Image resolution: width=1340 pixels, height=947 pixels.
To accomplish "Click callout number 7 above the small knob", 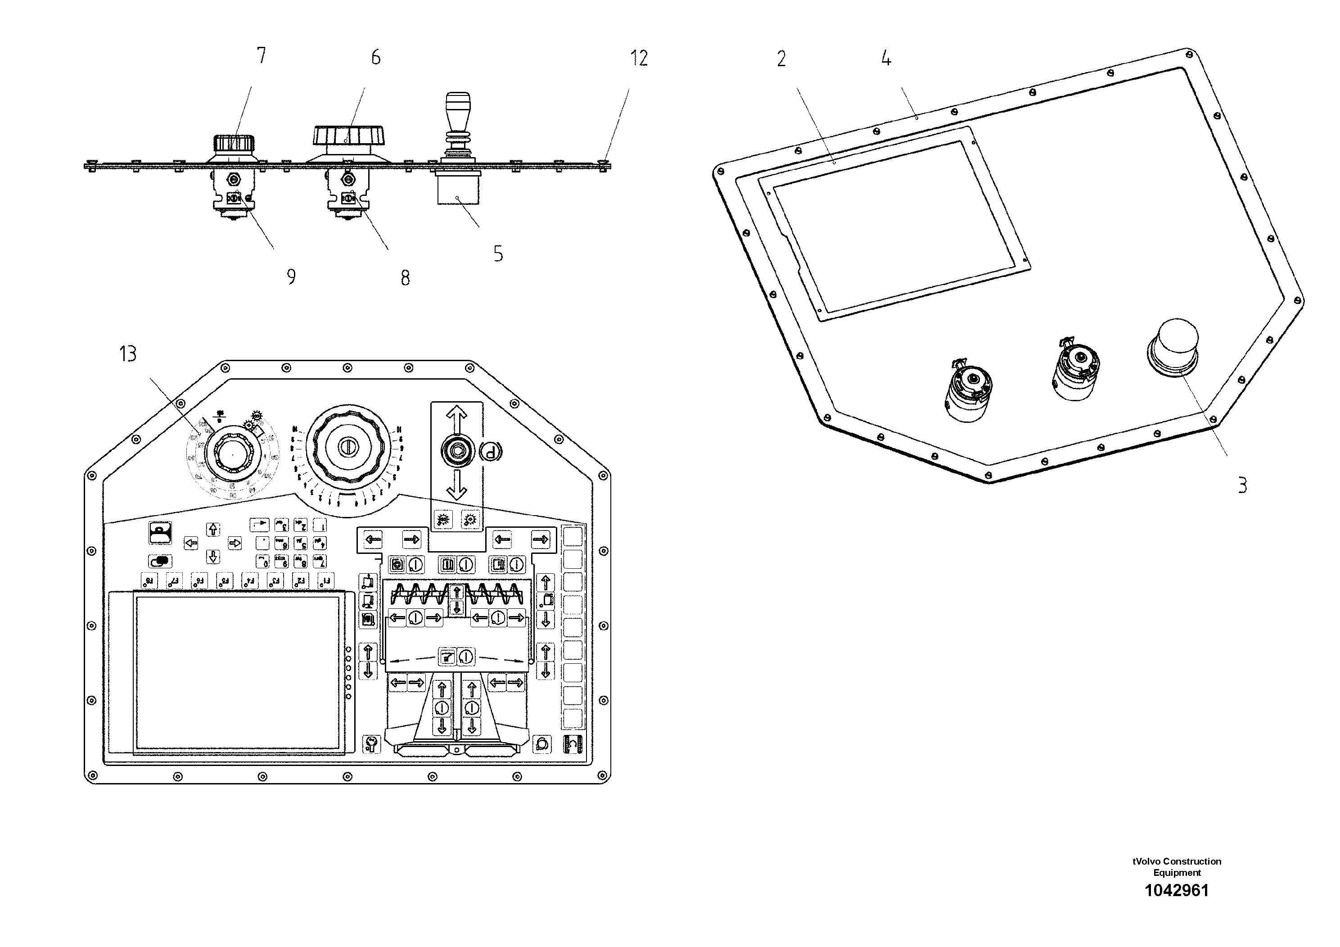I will point(261,55).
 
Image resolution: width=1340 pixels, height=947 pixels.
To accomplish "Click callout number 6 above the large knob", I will point(375,57).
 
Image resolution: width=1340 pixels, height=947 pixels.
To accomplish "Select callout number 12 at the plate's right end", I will point(638,58).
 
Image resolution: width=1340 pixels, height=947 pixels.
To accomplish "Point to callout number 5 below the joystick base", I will point(498,254).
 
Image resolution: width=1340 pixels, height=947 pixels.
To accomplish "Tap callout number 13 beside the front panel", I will point(128,354).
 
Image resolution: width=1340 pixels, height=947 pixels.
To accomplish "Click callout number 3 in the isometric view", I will point(1242,485).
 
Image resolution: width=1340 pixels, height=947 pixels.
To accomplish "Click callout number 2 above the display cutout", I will point(781,59).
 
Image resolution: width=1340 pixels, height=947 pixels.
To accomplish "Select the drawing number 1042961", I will point(1176,890).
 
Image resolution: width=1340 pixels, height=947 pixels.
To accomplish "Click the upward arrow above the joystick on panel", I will point(456,418).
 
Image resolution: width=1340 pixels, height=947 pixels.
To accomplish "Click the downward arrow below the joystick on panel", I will point(456,484).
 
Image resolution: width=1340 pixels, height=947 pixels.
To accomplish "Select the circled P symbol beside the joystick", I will point(490,451).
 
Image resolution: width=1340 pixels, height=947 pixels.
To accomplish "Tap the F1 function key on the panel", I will point(326,580).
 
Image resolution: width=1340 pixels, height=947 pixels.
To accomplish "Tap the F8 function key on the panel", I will point(149,580).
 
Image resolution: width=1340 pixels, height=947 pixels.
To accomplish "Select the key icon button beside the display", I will point(371,744).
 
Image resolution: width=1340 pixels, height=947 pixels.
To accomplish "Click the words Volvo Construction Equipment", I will point(1176,867).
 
